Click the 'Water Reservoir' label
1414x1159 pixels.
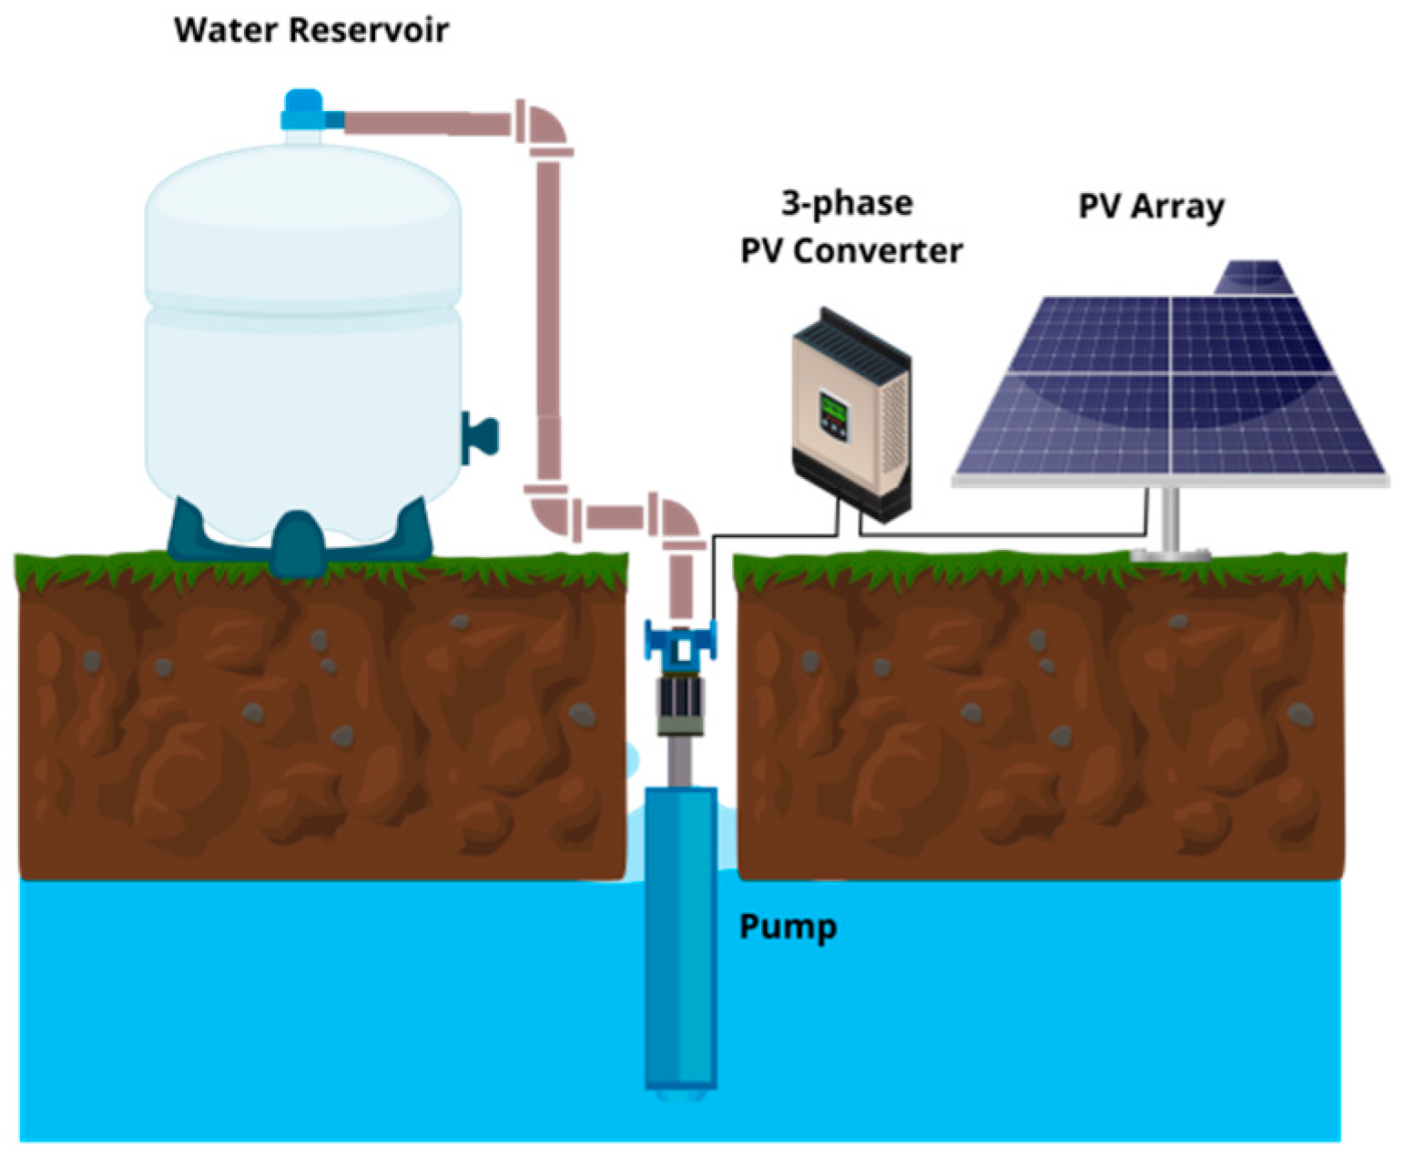310,30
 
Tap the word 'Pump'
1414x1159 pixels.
788,927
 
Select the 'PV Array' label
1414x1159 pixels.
1151,206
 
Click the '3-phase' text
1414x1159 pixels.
847,202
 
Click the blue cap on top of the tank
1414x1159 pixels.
302,109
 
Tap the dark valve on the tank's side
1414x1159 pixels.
479,436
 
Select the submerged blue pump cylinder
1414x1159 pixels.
680,938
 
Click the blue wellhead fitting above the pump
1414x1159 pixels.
680,638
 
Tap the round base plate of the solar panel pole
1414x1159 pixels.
1170,553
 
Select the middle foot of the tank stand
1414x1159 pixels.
298,544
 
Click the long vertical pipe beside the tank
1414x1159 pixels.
548,310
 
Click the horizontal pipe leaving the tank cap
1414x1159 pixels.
423,122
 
